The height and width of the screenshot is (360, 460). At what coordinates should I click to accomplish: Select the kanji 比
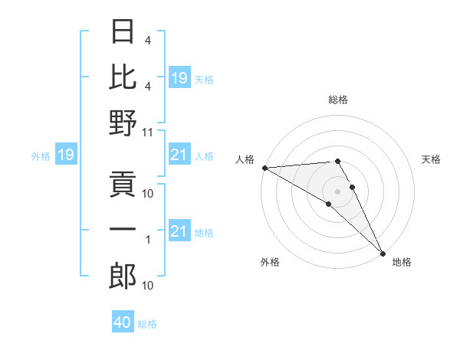pos(123,77)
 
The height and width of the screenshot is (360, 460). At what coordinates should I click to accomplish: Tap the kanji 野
pos(123,123)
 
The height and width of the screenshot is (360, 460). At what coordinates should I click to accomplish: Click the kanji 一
pos(123,231)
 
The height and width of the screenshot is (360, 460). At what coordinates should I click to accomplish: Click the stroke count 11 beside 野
pos(148,132)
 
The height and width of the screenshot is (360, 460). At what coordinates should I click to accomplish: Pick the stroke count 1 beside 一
pos(149,240)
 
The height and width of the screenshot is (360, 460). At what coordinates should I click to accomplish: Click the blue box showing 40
pos(123,322)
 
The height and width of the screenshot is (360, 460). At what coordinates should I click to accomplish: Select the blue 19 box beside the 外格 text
pos(65,155)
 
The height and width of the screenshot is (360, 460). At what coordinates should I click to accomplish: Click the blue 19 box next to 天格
pos(179,78)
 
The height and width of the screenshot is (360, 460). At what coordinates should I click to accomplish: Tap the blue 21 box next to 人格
pos(179,155)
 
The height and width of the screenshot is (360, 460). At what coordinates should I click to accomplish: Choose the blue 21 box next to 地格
pos(179,231)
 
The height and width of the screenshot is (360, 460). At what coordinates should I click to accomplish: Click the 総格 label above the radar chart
pos(338,100)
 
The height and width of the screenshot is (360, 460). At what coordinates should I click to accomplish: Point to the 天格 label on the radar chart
pos(431,159)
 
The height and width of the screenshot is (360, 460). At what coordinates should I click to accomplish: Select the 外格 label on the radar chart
pos(270,262)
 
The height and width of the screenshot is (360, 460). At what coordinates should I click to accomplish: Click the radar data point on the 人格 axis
pos(264,168)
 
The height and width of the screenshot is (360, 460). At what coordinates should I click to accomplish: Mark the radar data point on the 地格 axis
pos(383,252)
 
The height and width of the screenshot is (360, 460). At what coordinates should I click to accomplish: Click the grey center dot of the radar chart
pos(338,191)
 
